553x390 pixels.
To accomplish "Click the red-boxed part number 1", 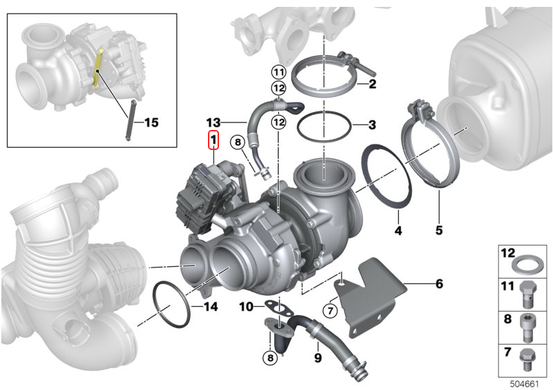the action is tap(213, 141).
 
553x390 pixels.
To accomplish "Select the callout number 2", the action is tap(372, 85).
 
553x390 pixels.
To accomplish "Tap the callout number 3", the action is tap(372, 125).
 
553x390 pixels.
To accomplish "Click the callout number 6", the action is tap(439, 283).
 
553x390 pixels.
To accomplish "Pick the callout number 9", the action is tap(317, 358).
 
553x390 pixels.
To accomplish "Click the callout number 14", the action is tap(211, 307).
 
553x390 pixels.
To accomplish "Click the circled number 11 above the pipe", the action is tap(278, 72).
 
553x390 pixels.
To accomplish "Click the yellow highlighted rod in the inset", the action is tap(98, 69).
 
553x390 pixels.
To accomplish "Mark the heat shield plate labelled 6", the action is tap(372, 296).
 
